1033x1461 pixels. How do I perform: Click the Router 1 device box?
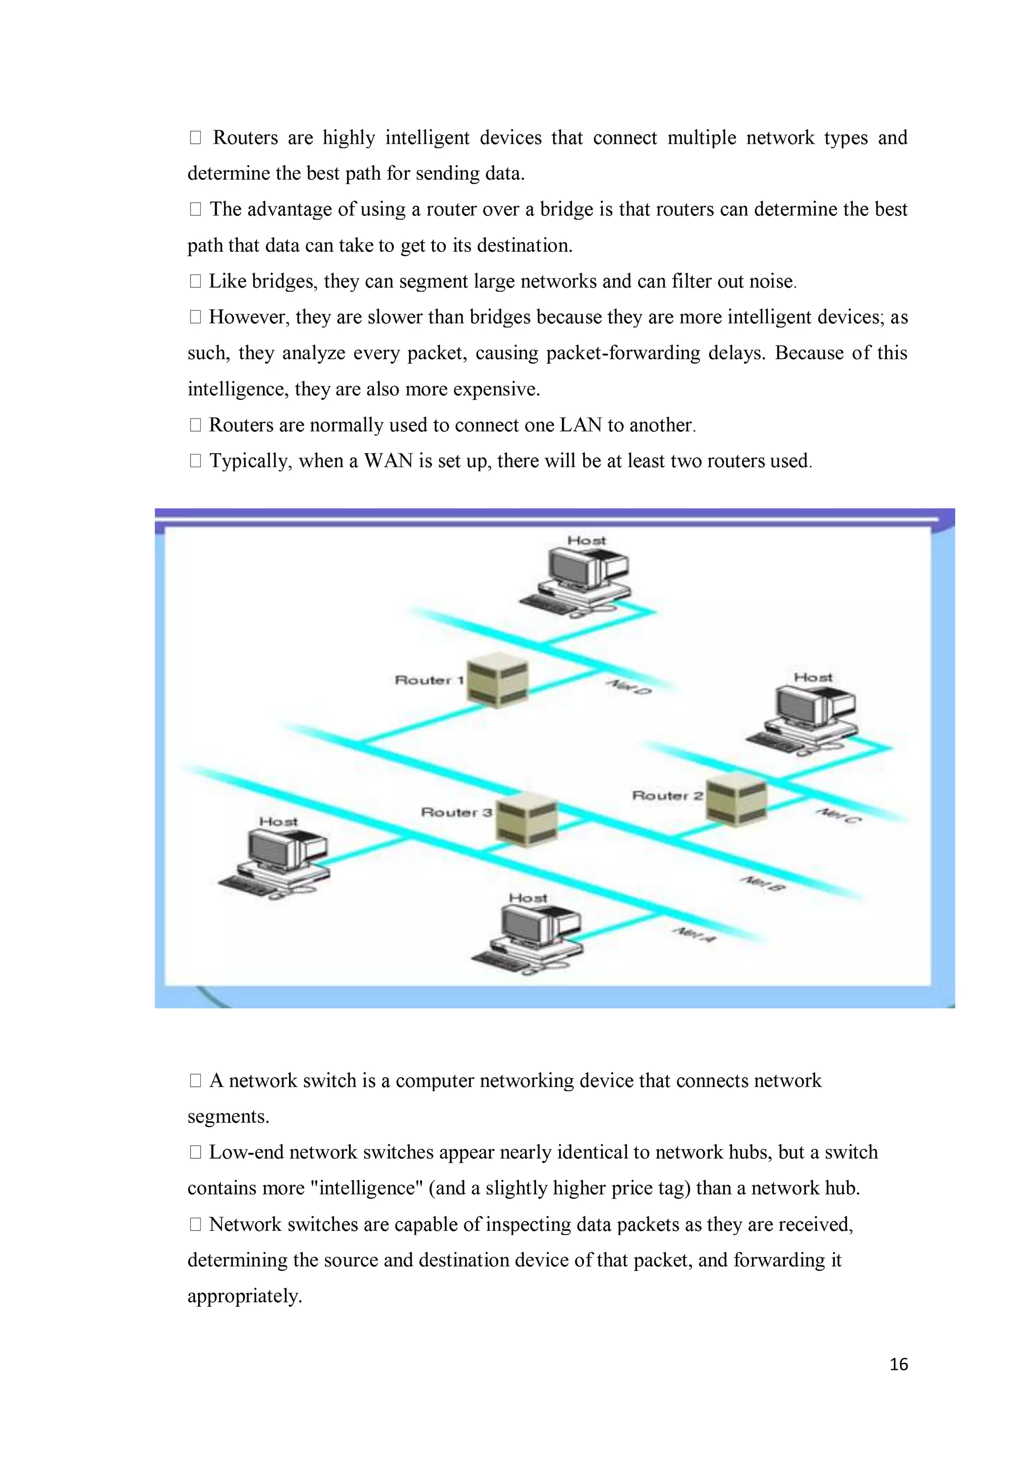tap(497, 680)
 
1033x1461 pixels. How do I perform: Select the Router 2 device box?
tap(736, 799)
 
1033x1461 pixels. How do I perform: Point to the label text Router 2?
tap(667, 796)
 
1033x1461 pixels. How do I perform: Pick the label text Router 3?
tap(456, 812)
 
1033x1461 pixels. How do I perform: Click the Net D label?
tap(628, 687)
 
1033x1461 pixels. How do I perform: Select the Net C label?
tap(839, 815)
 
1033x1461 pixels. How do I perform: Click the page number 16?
tap(898, 1364)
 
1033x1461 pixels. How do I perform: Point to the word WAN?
tap(388, 461)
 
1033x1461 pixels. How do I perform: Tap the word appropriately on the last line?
tap(244, 1296)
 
